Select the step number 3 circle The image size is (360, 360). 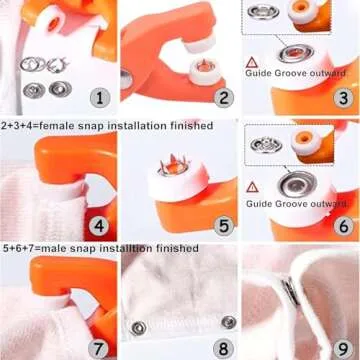point(342,97)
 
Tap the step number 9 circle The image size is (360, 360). point(342,348)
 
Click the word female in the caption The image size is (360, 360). point(66,126)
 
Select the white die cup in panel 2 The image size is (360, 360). point(207,68)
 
